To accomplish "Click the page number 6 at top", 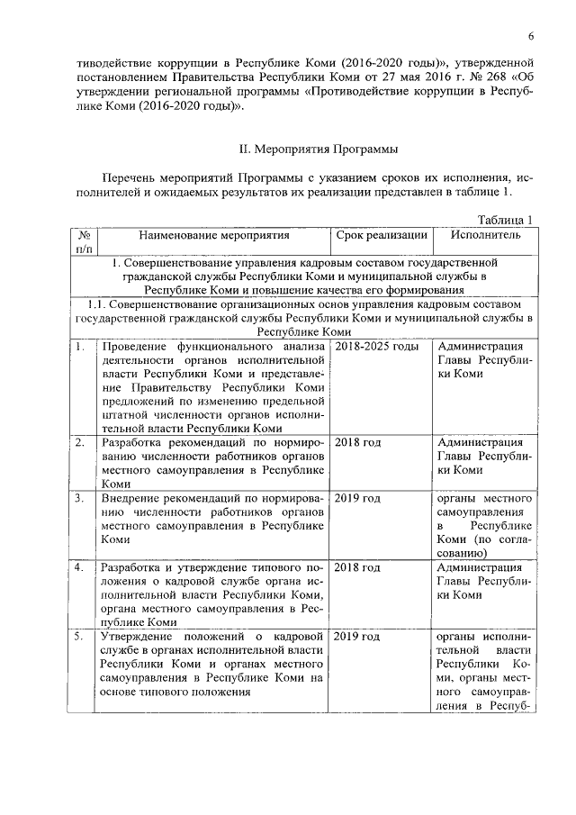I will click(532, 35).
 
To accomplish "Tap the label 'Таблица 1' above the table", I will click(505, 220).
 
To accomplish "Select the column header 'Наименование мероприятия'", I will click(214, 236).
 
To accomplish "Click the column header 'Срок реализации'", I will click(381, 236).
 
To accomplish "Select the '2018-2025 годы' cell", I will click(376, 347).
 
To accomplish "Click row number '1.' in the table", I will click(80, 347).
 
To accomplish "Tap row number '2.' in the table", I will click(80, 443).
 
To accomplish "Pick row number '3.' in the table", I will click(80, 498).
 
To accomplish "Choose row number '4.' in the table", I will click(80, 567).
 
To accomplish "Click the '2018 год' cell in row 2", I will click(358, 443).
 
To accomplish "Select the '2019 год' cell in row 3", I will click(358, 498).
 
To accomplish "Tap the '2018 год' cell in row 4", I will click(358, 567).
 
